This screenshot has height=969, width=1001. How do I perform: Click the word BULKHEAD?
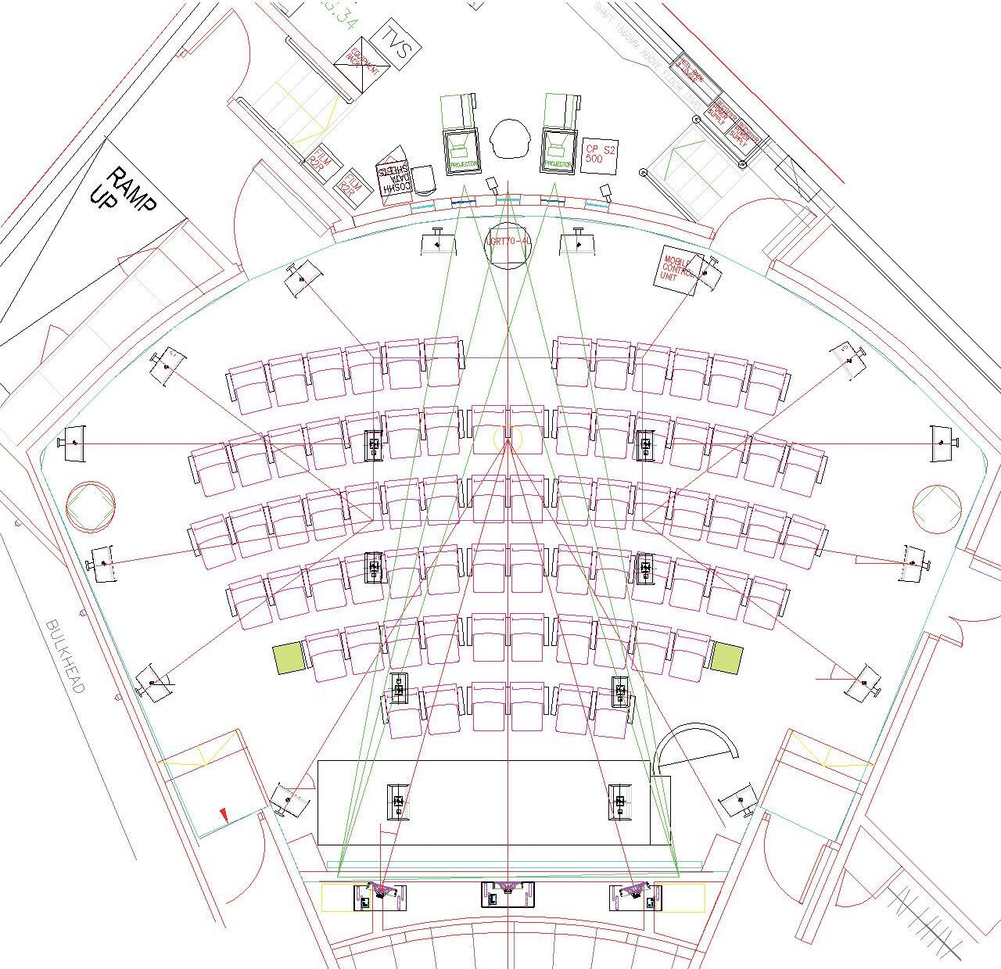65,655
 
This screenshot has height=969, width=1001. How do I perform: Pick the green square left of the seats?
287,658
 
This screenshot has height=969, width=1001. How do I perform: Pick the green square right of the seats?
726,657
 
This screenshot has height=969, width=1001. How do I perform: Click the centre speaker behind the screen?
508,892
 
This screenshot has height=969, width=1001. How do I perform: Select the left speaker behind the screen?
382,894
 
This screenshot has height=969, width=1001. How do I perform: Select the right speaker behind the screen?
633,894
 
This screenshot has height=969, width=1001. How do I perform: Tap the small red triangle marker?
224,816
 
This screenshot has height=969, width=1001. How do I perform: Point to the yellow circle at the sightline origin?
507,438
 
